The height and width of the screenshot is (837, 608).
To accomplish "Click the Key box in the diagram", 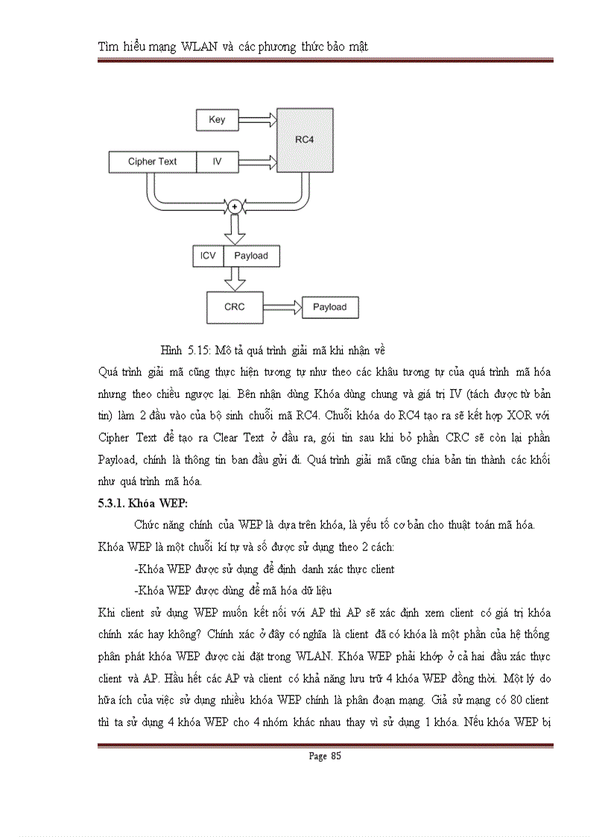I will (x=217, y=119).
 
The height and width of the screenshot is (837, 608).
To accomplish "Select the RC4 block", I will (x=303, y=139).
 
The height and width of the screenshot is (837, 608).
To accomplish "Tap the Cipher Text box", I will (x=153, y=161).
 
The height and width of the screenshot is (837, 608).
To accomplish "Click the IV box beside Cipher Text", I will (x=217, y=161).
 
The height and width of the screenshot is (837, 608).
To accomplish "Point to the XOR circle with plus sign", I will (x=235, y=206).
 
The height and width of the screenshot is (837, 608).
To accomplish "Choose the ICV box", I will (x=208, y=256).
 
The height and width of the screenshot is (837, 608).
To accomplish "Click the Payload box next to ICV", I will (x=251, y=256).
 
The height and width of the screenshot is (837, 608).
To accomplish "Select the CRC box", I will (x=235, y=306).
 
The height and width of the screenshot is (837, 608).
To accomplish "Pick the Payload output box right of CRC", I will (x=329, y=307).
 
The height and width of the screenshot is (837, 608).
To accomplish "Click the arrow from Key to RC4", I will (x=257, y=119).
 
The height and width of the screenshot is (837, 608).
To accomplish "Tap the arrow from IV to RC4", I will (x=257, y=161).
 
